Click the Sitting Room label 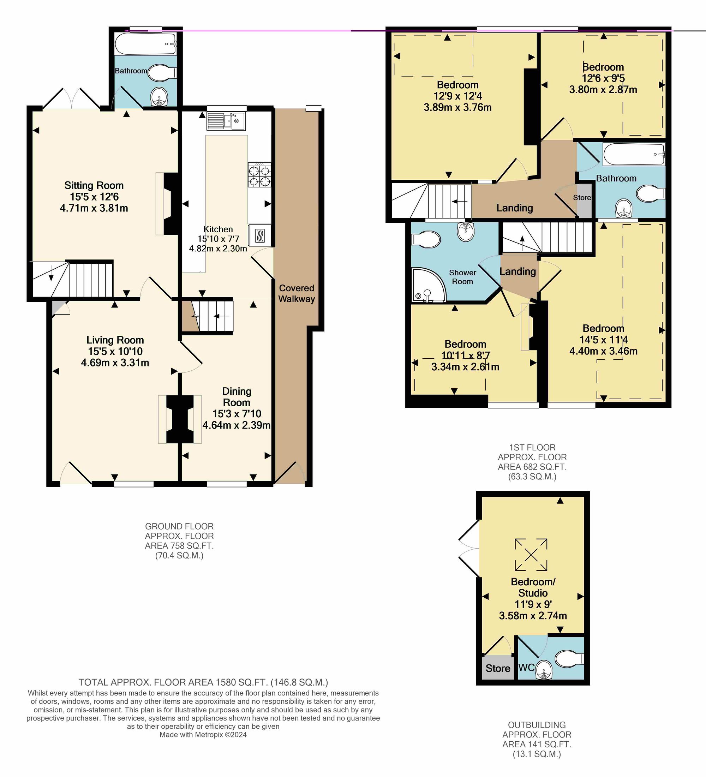pos(94,185)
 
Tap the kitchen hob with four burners pos(259,175)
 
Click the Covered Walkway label pos(297,293)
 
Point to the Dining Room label pos(237,397)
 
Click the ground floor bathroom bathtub pos(146,43)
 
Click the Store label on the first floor pos(582,198)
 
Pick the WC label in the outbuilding pos(526,667)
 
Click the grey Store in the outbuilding pos(498,668)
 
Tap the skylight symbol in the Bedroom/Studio pos(531,555)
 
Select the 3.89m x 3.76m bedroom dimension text pos(457,107)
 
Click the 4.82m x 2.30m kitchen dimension pos(218,249)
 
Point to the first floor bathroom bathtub pos(634,155)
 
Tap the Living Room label pos(115,340)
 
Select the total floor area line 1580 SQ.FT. pos(203,683)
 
